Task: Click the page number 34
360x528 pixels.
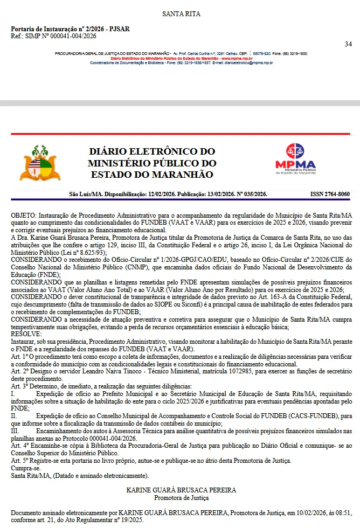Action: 348,44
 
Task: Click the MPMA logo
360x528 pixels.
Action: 295,159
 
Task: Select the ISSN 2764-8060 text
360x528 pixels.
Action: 330,194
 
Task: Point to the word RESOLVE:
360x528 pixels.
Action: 26,334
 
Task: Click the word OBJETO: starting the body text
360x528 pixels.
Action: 25,215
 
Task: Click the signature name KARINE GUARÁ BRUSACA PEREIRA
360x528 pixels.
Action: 181,490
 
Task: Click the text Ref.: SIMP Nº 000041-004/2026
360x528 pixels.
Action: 53,36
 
